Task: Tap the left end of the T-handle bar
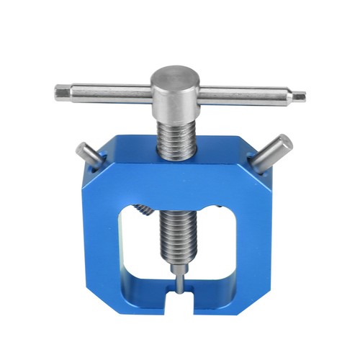coord(60,92)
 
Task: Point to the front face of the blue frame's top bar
coord(177,180)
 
